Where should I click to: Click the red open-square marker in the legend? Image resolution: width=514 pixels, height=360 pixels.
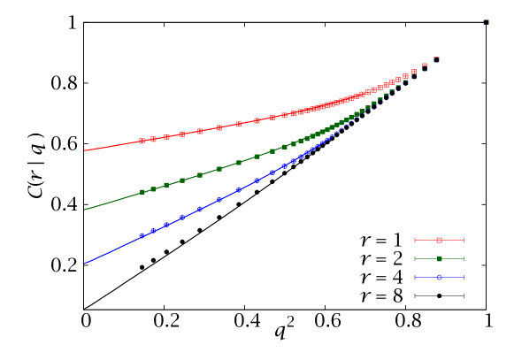point(439,241)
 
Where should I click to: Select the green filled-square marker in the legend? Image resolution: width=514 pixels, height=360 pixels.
point(439,259)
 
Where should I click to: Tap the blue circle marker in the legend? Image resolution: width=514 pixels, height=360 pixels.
point(439,278)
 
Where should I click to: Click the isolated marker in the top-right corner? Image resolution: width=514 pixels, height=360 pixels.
point(486,22)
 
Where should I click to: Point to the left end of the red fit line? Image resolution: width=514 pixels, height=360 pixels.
point(84,151)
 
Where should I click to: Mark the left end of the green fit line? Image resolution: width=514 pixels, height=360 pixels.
point(84,210)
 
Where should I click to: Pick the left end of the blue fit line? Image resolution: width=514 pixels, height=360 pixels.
point(84,263)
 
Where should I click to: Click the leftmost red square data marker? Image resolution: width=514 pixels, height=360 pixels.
point(142,141)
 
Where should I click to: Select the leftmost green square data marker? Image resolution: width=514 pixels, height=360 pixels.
point(142,192)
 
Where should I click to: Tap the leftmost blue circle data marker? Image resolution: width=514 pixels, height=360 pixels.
point(142,236)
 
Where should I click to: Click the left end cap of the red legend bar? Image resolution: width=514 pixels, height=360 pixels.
point(415,241)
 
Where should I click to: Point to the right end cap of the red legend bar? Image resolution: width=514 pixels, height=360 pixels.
point(464,241)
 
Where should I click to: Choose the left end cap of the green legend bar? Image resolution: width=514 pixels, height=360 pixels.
point(415,259)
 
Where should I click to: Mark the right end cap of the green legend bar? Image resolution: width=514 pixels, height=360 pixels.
point(464,259)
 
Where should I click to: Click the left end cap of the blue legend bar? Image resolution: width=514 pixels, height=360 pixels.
point(415,278)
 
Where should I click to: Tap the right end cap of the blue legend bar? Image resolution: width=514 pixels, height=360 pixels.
point(464,278)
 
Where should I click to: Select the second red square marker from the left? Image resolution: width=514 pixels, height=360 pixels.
point(153,139)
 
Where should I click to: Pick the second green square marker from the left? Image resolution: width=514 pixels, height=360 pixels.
point(153,189)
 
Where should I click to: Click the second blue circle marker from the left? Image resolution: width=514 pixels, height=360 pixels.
point(153,231)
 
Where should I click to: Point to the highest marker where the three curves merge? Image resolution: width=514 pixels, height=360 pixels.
point(436,59)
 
